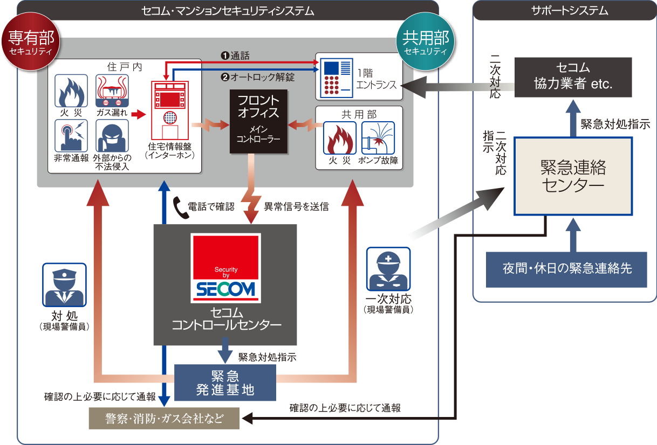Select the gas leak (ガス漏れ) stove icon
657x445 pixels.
(112, 92)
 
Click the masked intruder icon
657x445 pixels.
(112, 136)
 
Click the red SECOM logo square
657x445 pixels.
(226, 268)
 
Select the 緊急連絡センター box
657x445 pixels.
(572, 176)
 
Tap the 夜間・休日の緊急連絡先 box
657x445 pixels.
(566, 268)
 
